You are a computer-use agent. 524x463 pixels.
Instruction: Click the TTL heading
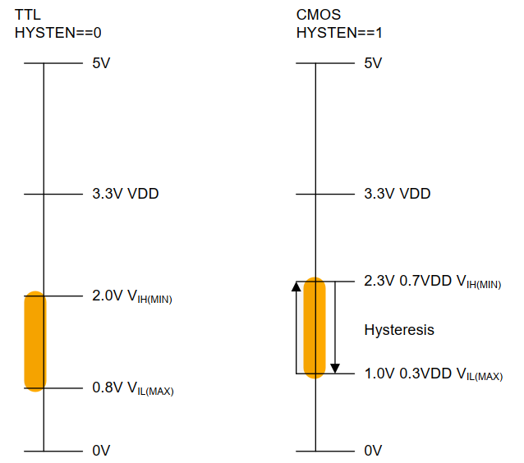click(28, 16)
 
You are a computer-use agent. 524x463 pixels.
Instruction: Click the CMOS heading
click(318, 16)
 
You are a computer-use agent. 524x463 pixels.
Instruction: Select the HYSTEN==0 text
click(57, 33)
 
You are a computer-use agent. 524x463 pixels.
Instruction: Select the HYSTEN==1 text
click(338, 33)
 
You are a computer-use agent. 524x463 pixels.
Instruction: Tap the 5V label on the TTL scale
click(101, 63)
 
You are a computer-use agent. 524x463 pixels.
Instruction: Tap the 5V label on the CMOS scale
click(373, 63)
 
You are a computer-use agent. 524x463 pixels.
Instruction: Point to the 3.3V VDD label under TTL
click(125, 195)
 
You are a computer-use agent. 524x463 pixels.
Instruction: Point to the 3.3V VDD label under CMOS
click(397, 195)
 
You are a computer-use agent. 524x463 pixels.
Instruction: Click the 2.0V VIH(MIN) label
click(131, 296)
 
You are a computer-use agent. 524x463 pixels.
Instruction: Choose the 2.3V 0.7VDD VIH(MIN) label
click(432, 282)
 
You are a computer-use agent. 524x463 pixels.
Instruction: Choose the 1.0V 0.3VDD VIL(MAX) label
click(433, 374)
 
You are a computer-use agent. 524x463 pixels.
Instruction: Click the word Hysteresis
click(399, 330)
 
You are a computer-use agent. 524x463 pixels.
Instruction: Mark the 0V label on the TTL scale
click(101, 451)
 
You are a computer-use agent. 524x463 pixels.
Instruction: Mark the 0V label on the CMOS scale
click(373, 451)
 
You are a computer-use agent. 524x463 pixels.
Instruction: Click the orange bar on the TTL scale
click(34, 341)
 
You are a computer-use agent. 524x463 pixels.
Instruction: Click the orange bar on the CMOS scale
click(315, 328)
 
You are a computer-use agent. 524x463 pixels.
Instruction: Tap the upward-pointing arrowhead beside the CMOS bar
click(296, 287)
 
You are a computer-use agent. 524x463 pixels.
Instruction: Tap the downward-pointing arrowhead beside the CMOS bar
click(335, 367)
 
